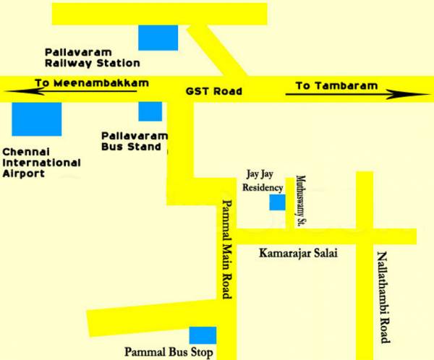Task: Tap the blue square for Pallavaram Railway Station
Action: pos(158,38)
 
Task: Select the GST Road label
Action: pos(213,92)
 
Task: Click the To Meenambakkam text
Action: pos(92,83)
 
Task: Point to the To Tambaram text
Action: pos(336,85)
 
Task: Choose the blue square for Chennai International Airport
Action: pos(37,119)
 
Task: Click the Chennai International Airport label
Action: pos(41,163)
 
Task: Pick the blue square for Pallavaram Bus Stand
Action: pos(150,111)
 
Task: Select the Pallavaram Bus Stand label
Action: pos(134,141)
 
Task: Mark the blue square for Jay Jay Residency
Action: pos(277,202)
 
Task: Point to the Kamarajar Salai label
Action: pos(298,254)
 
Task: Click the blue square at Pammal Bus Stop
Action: pos(203,335)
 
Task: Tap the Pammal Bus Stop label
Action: pos(169,353)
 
